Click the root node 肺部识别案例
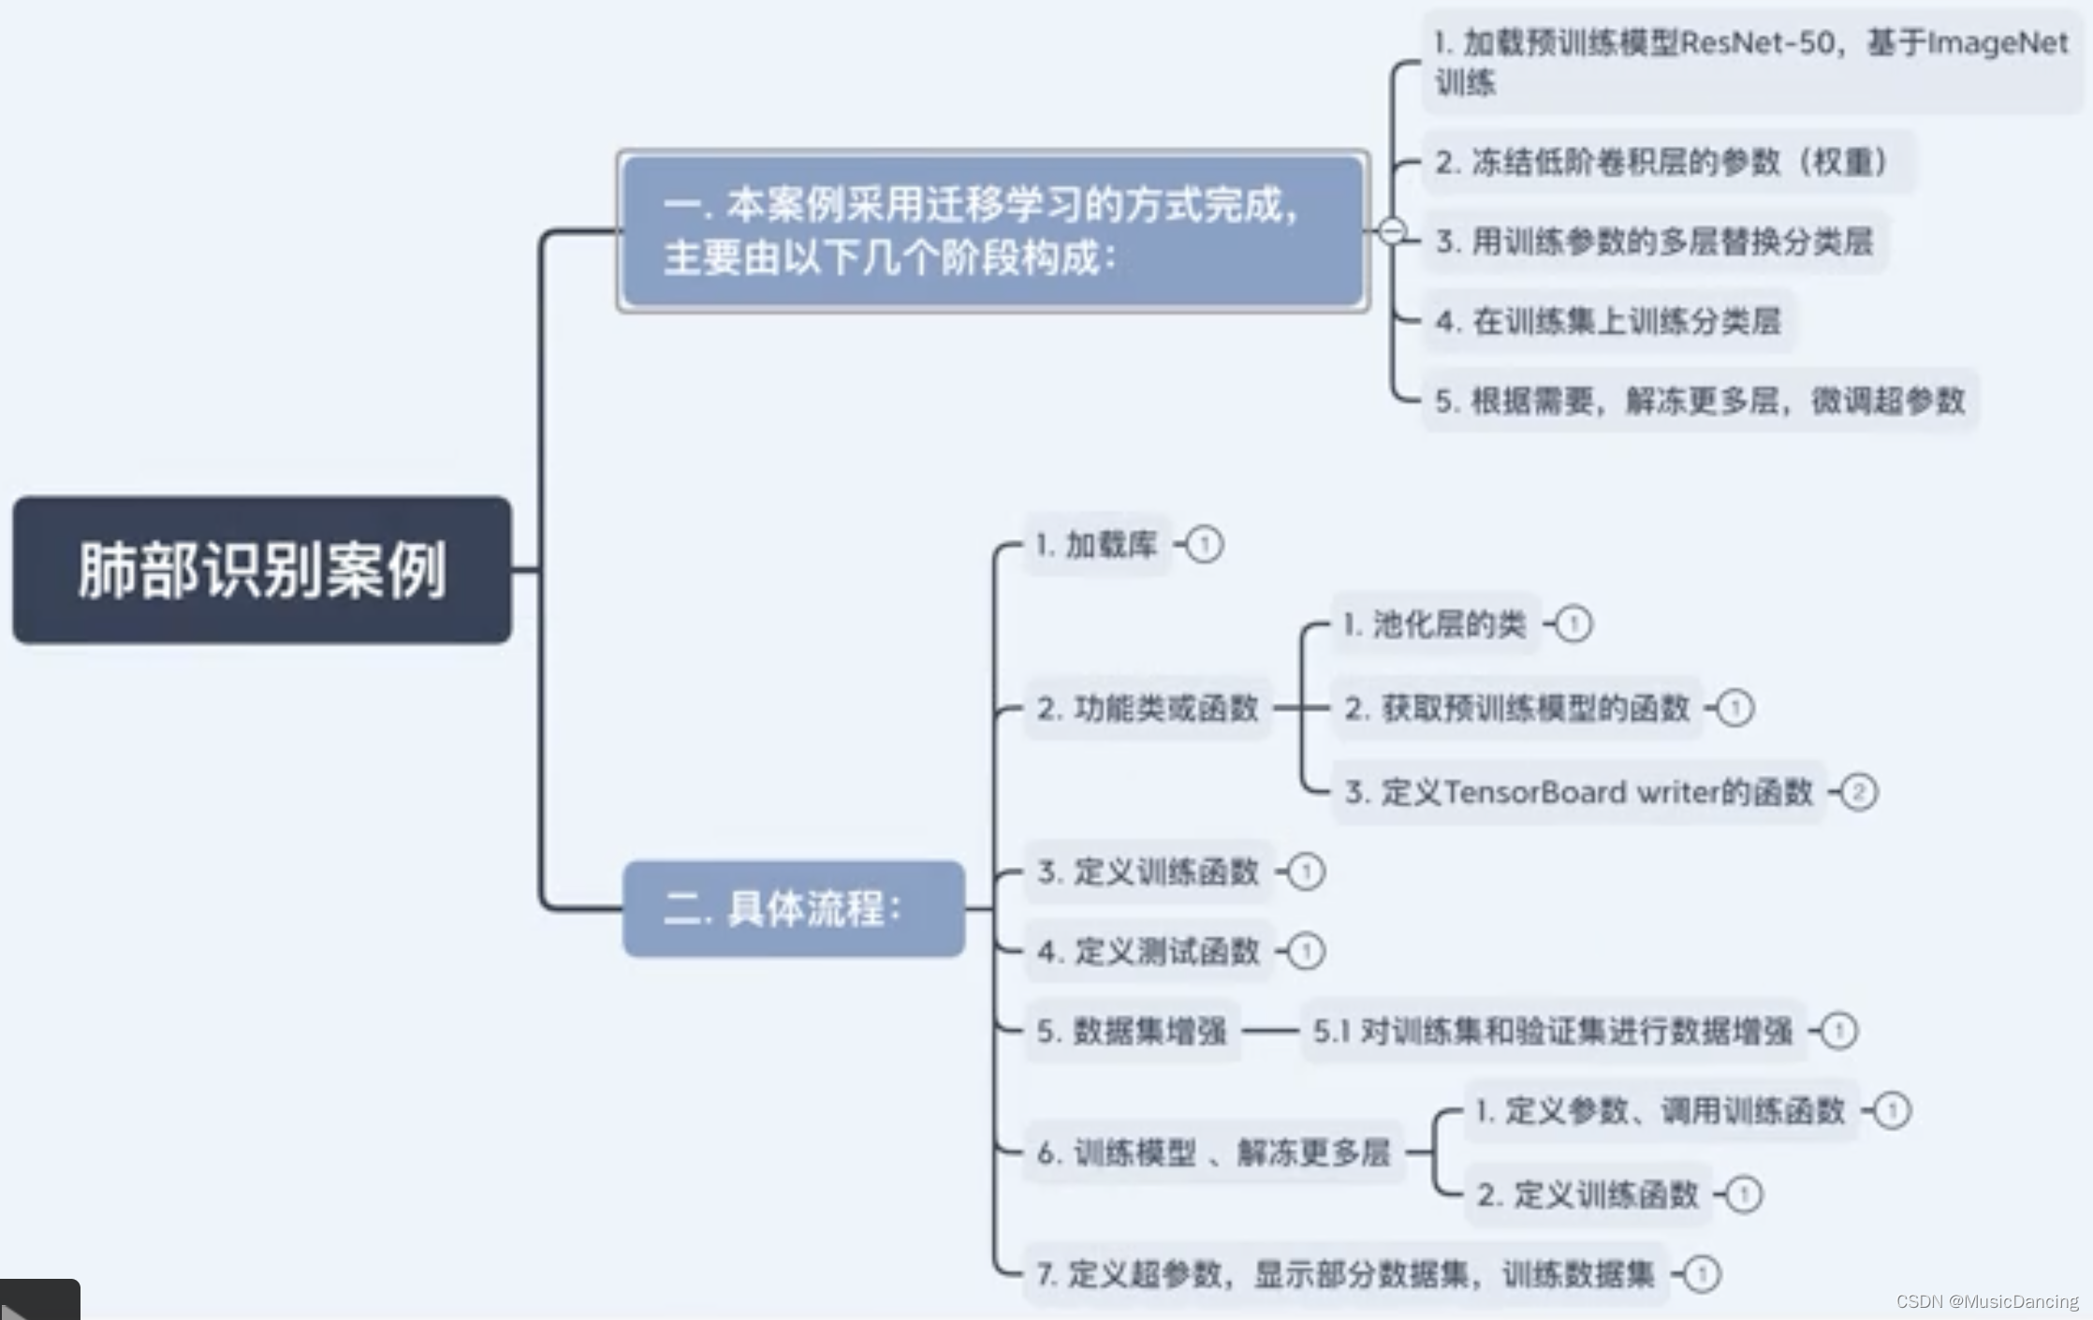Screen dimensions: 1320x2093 pyautogui.click(x=262, y=570)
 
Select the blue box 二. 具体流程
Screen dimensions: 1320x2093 pyautogui.click(x=793, y=908)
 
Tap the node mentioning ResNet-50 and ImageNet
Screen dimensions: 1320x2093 pyautogui.click(x=1750, y=62)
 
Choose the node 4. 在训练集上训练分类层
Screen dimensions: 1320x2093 pyautogui.click(x=1607, y=321)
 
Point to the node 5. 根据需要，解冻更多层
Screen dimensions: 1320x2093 pyautogui.click(x=1699, y=401)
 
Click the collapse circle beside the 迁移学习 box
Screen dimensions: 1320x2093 pyautogui.click(x=1392, y=229)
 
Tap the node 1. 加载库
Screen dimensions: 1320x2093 pyautogui.click(x=1097, y=544)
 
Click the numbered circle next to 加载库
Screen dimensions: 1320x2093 pyautogui.click(x=1204, y=544)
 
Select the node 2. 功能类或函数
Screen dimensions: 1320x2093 pyautogui.click(x=1147, y=708)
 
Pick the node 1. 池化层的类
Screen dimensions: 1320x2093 pyautogui.click(x=1434, y=623)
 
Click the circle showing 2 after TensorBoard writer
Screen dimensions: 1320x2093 pyautogui.click(x=1859, y=792)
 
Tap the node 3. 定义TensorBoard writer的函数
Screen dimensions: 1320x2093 pyautogui.click(x=1578, y=792)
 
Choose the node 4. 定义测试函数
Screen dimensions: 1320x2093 pyautogui.click(x=1148, y=951)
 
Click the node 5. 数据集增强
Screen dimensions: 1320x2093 pyautogui.click(x=1132, y=1031)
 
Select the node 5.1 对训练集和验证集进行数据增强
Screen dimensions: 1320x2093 pyautogui.click(x=1552, y=1031)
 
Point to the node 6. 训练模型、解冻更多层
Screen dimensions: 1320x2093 pyautogui.click(x=1213, y=1152)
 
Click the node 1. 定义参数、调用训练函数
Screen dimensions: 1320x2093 pyautogui.click(x=1660, y=1110)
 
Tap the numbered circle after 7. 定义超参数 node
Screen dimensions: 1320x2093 pyautogui.click(x=1702, y=1274)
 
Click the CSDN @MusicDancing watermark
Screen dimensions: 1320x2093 pyautogui.click(x=1986, y=1301)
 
